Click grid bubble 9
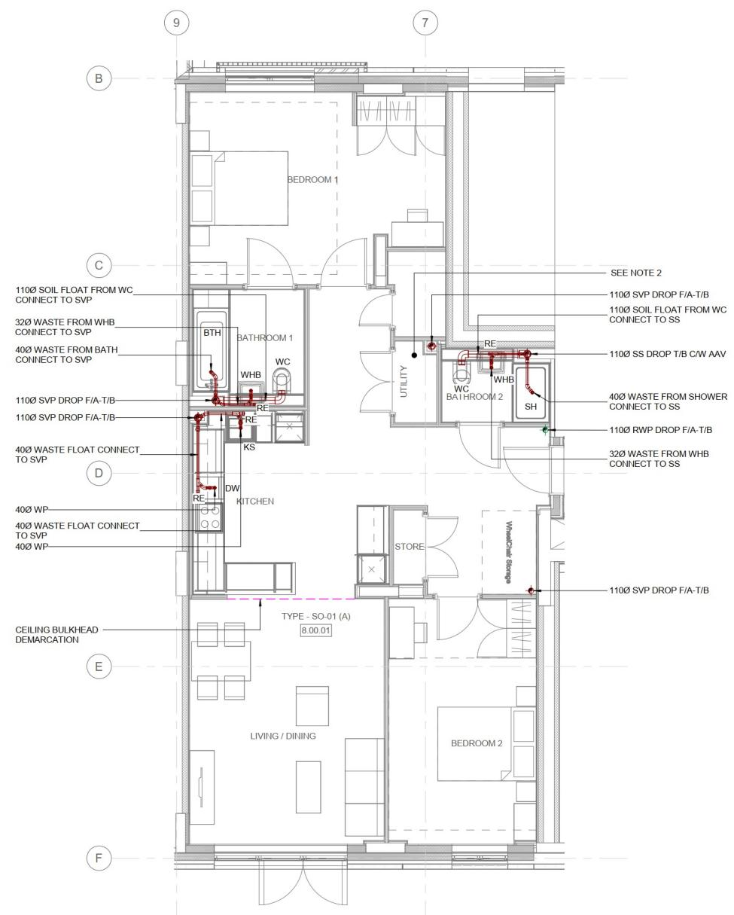coord(176,23)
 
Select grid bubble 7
coord(425,23)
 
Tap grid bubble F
coord(99,858)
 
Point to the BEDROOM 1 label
coord(313,180)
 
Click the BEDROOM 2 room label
coord(477,743)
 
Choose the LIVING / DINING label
coord(283,736)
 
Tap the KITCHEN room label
coord(255,502)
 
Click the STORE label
coord(410,546)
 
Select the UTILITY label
coord(404,381)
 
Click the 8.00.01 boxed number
coord(315,630)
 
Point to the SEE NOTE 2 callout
coord(636,273)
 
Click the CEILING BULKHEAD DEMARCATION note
coord(56,635)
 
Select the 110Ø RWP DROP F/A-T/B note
coord(660,430)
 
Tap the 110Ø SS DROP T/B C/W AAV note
coord(667,354)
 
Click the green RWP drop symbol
coord(545,430)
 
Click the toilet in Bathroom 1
coord(282,378)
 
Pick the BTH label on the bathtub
coord(212,333)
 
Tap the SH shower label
coord(531,407)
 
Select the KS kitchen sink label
coord(249,447)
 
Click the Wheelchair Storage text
coord(509,552)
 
